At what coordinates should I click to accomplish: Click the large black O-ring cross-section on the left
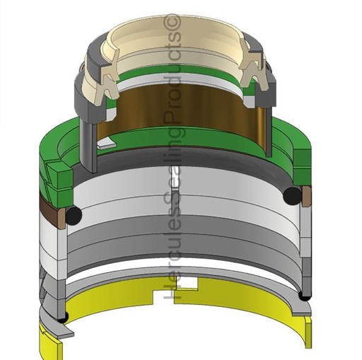74,215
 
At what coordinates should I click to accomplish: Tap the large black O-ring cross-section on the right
293,195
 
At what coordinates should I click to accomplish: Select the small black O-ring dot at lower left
63,318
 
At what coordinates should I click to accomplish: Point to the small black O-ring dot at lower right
305,296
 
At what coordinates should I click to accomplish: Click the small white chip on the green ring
105,144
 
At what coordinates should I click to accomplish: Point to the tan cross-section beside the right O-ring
306,196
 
